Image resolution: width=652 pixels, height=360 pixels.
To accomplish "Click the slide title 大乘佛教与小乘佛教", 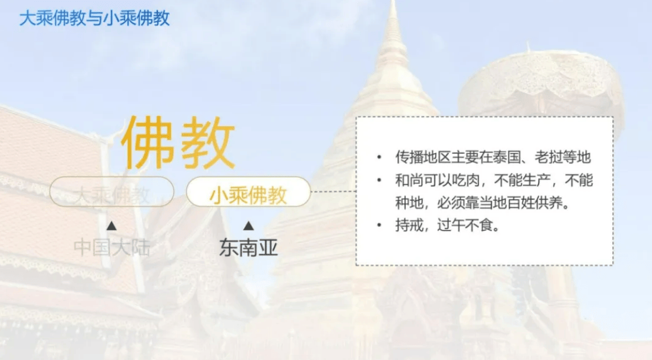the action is point(94,18).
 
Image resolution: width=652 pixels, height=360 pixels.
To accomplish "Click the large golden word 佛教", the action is point(178,143).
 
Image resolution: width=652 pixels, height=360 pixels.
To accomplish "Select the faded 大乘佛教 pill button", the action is point(112,191).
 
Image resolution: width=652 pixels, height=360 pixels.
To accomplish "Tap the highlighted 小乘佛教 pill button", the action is point(248,191).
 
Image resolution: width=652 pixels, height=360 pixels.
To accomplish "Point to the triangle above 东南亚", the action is point(249,226).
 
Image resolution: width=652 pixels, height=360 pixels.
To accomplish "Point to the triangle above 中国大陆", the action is point(112,226).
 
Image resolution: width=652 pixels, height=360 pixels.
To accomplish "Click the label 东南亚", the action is point(248,248).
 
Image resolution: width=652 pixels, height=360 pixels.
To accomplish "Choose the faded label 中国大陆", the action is point(112,248).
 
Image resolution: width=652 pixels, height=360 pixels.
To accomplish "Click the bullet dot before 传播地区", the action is point(379,157).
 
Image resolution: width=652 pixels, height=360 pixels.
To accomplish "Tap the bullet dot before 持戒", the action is point(379,225).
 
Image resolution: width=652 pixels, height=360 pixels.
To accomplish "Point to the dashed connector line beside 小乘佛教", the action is point(334,191).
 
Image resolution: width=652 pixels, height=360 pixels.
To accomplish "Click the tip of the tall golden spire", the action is point(393,1).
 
